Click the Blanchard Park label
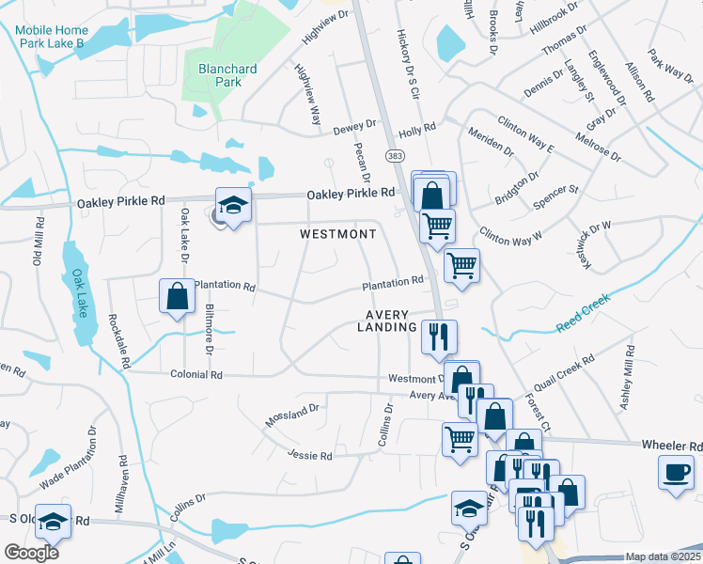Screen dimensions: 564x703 point(220,75)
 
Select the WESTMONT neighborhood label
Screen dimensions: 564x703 point(338,234)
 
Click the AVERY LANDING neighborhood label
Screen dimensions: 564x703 point(386,321)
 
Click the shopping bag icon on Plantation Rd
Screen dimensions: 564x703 point(177,296)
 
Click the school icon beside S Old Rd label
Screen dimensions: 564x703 point(53,521)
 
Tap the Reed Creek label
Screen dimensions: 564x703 point(583,312)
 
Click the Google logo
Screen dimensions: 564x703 point(32,552)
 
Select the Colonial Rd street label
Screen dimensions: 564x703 point(196,374)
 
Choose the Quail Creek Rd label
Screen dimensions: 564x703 point(562,375)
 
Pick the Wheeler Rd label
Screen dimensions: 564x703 point(671,446)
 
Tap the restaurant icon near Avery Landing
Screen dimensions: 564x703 point(439,337)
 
